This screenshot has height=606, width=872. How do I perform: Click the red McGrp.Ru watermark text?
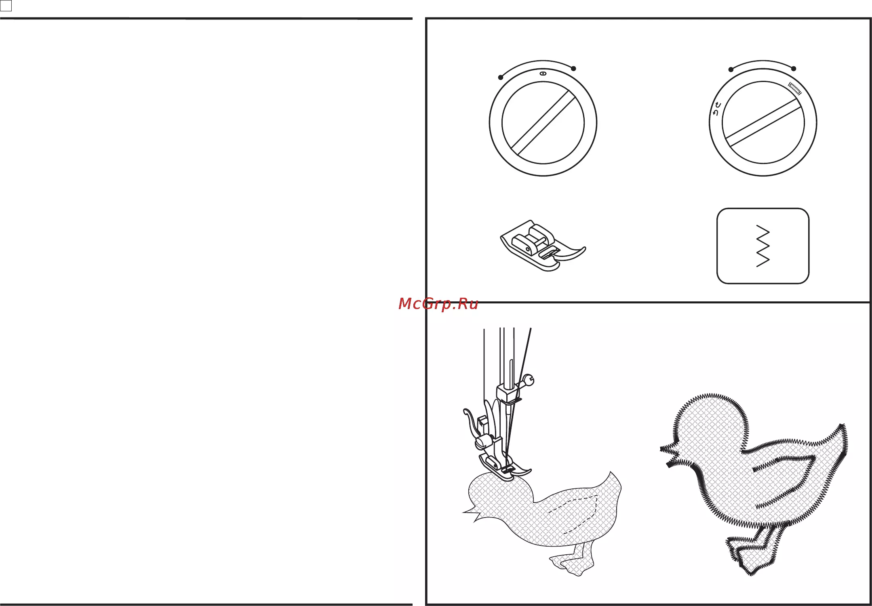coord(438,304)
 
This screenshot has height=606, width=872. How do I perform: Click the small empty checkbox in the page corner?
coord(6,6)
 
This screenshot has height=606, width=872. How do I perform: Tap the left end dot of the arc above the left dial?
coord(501,77)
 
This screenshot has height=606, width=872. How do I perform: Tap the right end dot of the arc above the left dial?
coord(573,68)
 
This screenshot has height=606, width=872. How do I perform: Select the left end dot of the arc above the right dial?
coord(731,69)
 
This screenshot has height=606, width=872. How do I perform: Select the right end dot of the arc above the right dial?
coord(794,69)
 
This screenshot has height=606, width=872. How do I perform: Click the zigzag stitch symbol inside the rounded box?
coord(763,246)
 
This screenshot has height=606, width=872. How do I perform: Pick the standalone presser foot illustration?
coord(543,245)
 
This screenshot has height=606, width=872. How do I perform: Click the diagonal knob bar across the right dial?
coord(763,122)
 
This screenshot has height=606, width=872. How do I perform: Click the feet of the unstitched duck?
coord(572,559)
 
